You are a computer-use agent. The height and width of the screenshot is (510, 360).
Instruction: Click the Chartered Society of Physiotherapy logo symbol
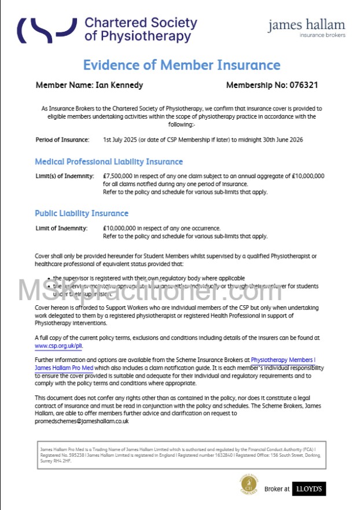(46, 29)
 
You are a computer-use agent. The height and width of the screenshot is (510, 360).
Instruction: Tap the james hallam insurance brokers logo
(306, 27)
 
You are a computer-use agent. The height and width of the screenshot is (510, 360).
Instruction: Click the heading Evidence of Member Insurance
(181, 65)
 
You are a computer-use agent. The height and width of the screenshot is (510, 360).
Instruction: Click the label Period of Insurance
(63, 139)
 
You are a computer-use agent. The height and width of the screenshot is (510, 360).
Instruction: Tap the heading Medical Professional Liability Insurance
(108, 162)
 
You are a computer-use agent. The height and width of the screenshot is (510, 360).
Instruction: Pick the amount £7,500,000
(119, 176)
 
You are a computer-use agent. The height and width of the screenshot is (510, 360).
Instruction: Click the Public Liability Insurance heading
(82, 213)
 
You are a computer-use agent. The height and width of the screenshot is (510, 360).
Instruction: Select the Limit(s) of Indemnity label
(64, 176)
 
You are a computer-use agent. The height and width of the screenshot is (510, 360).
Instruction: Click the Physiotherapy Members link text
(282, 360)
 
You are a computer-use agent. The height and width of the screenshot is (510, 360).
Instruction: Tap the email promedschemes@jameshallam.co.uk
(82, 421)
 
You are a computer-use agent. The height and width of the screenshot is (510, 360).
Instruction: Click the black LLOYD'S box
(309, 489)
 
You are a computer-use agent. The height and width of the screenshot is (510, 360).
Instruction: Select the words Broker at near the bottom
(277, 489)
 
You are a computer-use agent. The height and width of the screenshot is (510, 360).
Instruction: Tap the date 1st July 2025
(120, 139)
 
